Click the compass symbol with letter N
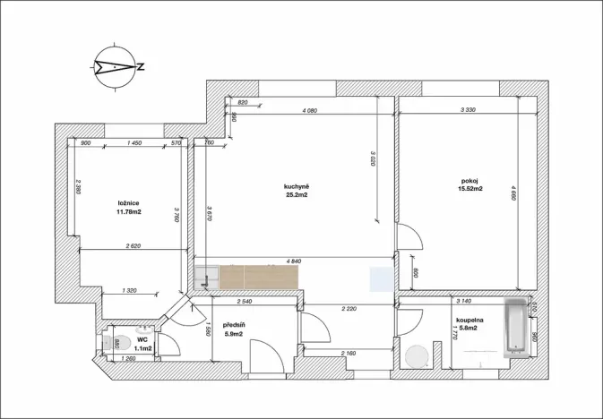click(x=119, y=65)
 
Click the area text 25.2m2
click(x=297, y=195)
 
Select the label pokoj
click(x=471, y=180)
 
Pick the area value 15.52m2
click(x=471, y=189)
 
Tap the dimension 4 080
click(x=310, y=111)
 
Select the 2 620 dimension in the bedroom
click(x=134, y=245)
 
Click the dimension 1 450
click(x=135, y=143)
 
